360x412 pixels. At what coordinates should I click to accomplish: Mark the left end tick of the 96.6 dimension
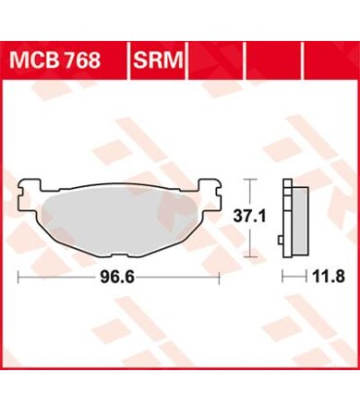[x=19, y=277]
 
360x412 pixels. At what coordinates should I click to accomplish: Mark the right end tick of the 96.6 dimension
[x=221, y=277]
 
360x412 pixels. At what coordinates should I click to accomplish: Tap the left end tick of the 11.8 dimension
[x=284, y=277]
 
